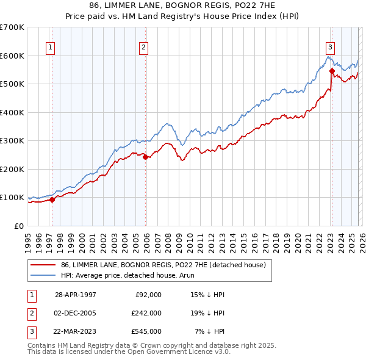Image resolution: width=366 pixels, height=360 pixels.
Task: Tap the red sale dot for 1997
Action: point(52,199)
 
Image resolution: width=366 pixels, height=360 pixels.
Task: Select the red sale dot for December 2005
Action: point(146,157)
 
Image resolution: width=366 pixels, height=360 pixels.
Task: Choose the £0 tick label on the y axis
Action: point(18,226)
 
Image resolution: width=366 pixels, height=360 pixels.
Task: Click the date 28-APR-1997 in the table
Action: point(76,294)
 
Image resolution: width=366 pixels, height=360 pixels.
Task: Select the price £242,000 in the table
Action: point(146,313)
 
